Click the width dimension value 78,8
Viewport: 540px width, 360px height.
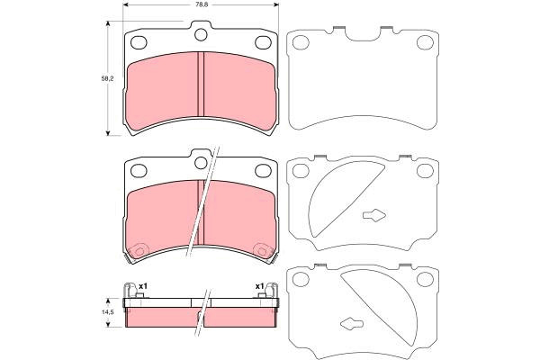pos(201,4)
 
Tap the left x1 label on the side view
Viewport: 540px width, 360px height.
pos(143,286)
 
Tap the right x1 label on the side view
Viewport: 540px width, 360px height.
pos(259,286)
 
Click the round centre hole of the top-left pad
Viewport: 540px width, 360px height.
pos(201,35)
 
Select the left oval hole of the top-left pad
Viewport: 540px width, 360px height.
pos(139,42)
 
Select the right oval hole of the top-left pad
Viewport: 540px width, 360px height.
pos(263,42)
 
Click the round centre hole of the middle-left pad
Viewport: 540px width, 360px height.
pos(201,163)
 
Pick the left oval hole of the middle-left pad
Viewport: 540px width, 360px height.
pos(139,171)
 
